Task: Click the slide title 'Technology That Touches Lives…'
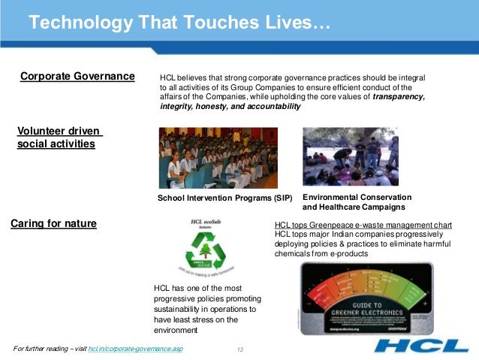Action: coord(179,25)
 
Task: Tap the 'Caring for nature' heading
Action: coord(53,222)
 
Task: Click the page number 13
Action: coord(241,350)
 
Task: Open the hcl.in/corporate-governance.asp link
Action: coord(135,350)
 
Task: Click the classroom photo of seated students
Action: coord(218,158)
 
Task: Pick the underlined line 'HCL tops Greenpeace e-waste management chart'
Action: coord(363,225)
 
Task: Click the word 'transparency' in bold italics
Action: coord(399,97)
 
